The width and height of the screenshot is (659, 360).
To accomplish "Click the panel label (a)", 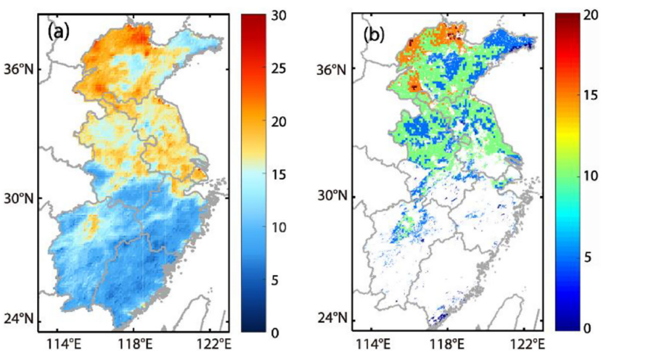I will (x=59, y=32).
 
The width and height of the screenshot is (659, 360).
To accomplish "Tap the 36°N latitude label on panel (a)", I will (x=21, y=69).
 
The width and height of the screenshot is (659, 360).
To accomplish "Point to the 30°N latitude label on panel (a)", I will (x=21, y=197).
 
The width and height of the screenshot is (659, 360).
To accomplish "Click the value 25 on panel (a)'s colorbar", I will (x=279, y=69).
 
